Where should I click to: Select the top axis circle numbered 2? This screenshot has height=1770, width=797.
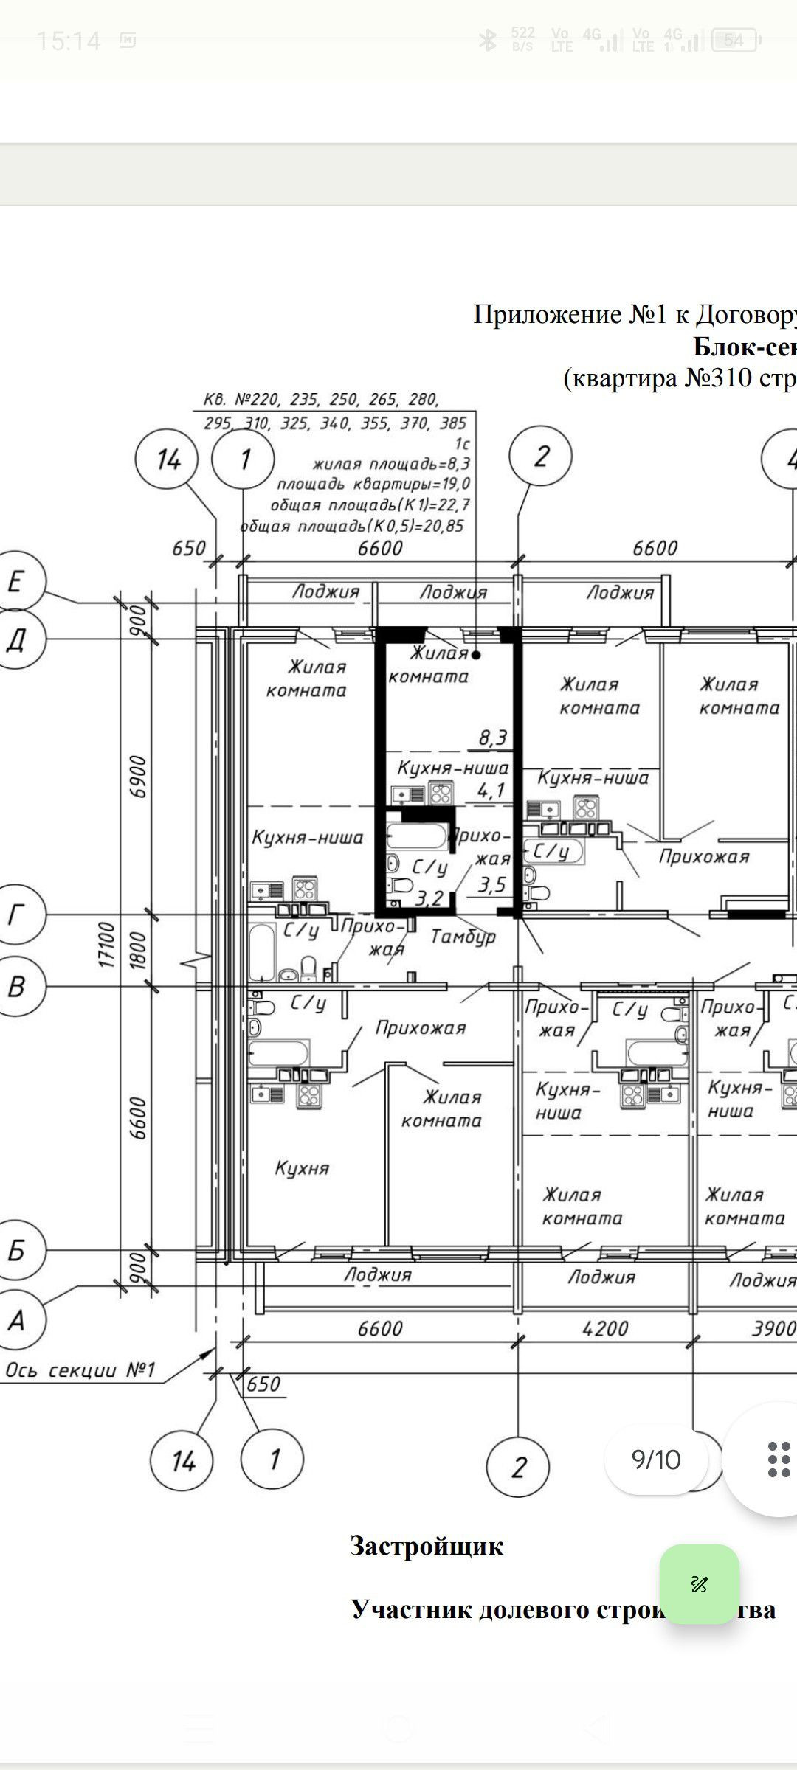[x=541, y=457]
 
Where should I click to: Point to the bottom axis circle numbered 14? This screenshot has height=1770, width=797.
[x=182, y=1460]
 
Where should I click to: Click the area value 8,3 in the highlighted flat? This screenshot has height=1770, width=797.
[x=492, y=737]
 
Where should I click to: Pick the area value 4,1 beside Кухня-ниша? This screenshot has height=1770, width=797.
[x=491, y=791]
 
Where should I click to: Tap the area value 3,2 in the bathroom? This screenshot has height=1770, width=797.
[x=429, y=898]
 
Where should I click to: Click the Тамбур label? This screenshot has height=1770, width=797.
[x=463, y=937]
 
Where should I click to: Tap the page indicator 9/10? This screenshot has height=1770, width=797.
[x=656, y=1459]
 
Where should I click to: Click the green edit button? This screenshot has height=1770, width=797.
[x=699, y=1583]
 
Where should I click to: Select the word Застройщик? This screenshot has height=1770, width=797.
[x=427, y=1546]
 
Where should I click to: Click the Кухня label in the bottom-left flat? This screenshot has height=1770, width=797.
[x=302, y=1167]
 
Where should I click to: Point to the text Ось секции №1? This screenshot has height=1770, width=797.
[x=80, y=1370]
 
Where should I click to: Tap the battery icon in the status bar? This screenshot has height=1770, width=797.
[x=734, y=41]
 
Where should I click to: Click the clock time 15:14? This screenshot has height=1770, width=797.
[x=68, y=41]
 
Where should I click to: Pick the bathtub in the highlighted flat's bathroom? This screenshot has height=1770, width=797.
[x=417, y=836]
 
